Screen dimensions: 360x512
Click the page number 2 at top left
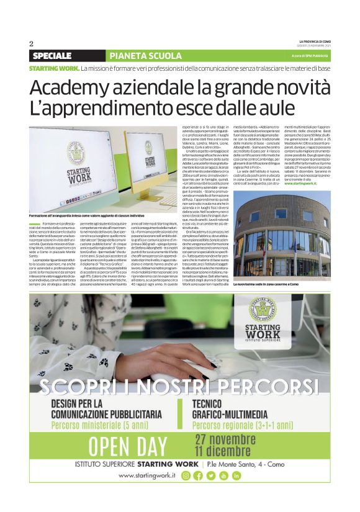pos(30,43)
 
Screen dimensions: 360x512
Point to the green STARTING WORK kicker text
pos(54,67)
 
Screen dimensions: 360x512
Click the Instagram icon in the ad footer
pos(186,475)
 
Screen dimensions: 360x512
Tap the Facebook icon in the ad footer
pos(198,475)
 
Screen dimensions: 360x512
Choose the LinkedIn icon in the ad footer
pos(236,475)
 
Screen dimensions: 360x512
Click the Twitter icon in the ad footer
pos(211,475)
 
